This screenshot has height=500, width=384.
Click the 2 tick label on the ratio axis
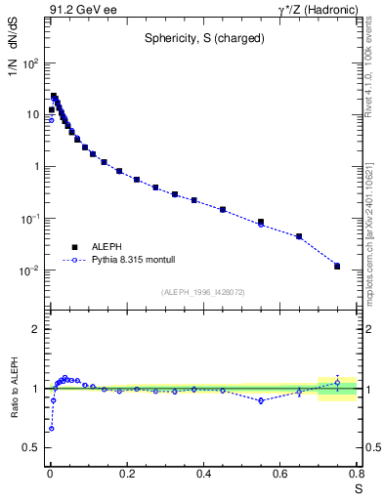[x=36, y=329]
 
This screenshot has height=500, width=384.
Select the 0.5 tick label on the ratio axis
[x=31, y=447]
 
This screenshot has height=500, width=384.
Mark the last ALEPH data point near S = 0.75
[x=337, y=266]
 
